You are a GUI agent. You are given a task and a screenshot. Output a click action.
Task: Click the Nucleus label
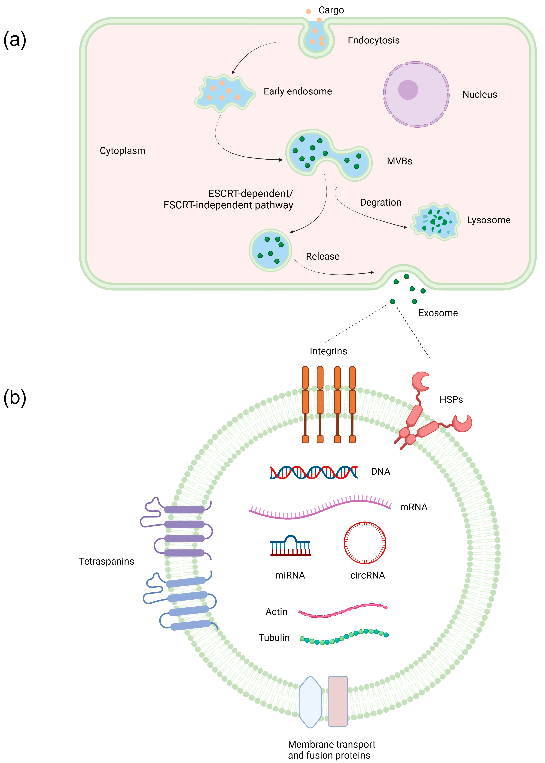pyautogui.click(x=480, y=95)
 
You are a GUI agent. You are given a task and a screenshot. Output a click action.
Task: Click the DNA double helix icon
pyautogui.click(x=313, y=472)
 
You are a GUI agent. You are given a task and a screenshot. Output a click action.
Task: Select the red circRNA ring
pyautogui.click(x=365, y=543)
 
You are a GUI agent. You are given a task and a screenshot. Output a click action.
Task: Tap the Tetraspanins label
pyautogui.click(x=106, y=561)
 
